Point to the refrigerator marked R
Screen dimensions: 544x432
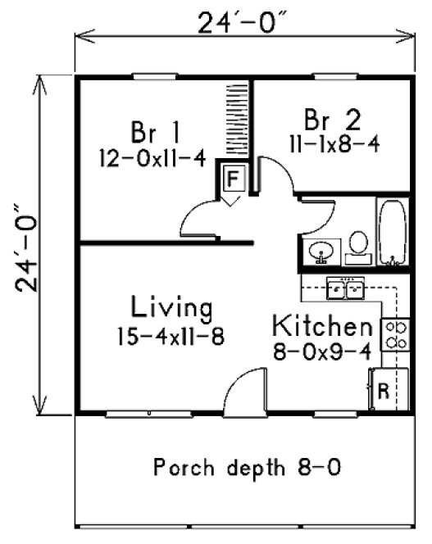click(x=383, y=390)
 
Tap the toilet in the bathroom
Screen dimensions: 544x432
click(x=358, y=246)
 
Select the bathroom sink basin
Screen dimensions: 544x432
click(x=320, y=252)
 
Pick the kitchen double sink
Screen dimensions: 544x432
click(x=346, y=288)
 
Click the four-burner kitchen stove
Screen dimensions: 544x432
click(x=396, y=334)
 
